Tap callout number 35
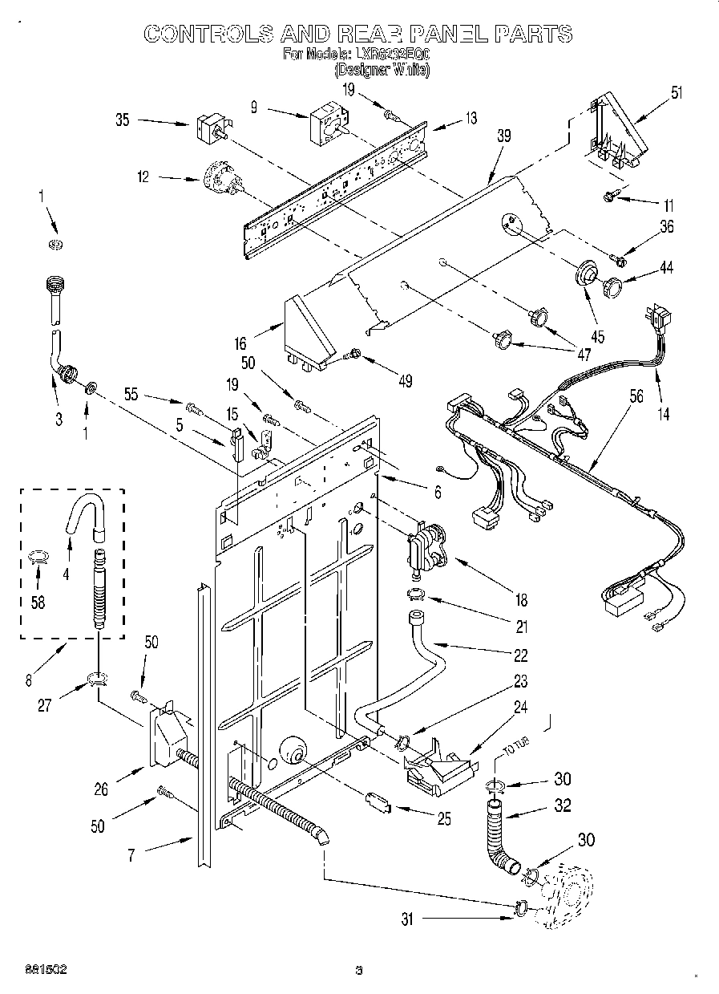point(123,121)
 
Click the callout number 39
point(503,137)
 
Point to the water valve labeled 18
point(428,547)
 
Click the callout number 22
point(522,655)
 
